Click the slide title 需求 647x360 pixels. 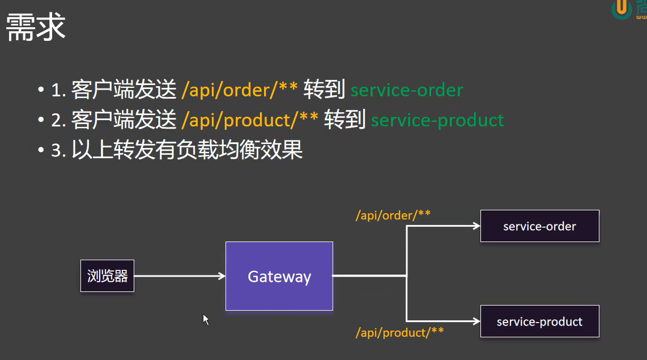coord(35,28)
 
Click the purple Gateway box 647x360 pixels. coord(279,276)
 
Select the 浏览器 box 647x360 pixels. coord(107,276)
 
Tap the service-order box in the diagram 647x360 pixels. coord(539,226)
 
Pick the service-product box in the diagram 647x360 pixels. coord(539,321)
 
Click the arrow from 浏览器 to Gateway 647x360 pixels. coord(178,276)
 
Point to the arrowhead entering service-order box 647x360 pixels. coord(476,226)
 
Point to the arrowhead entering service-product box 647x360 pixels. coord(476,321)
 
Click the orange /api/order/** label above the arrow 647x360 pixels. coord(393,215)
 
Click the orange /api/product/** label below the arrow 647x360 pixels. coord(399,332)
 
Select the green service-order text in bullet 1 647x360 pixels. coord(407,90)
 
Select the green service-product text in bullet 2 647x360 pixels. coord(437,120)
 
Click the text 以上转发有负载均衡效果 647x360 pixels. coord(187,150)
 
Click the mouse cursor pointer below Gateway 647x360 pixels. coord(206,319)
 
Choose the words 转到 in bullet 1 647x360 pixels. coord(324,90)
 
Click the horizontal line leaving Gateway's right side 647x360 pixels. coord(368,276)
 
